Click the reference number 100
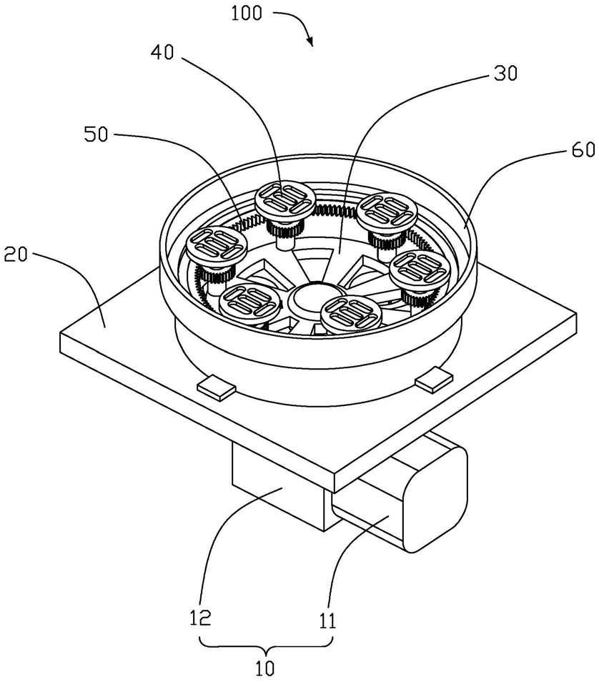coord(247,13)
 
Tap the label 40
coord(162,53)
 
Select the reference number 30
coord(505,74)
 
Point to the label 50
coord(96,134)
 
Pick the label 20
coord(15,254)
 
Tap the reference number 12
coord(200,617)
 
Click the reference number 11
coord(327,621)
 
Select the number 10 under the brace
coord(265,668)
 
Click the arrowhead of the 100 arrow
coord(310,41)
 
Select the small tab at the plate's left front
coord(217,387)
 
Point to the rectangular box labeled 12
coord(278,487)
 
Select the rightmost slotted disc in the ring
coord(417,270)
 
